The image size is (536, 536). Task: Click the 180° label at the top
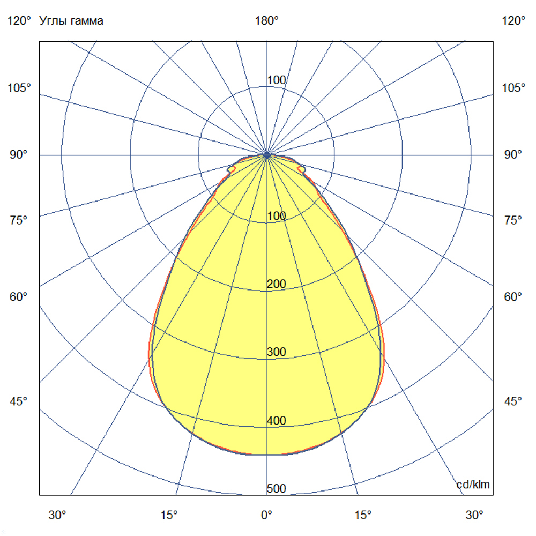tap(267, 21)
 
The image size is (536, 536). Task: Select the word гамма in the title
tap(86, 21)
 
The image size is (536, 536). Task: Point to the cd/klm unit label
tap(473, 485)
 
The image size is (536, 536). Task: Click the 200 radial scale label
tap(277, 284)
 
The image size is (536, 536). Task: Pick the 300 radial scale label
tap(277, 352)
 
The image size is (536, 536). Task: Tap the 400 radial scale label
tap(277, 421)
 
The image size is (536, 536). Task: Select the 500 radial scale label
tap(277, 489)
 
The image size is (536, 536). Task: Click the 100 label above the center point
tap(277, 80)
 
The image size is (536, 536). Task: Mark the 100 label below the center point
tap(277, 216)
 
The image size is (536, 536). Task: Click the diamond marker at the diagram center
tap(267, 155)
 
